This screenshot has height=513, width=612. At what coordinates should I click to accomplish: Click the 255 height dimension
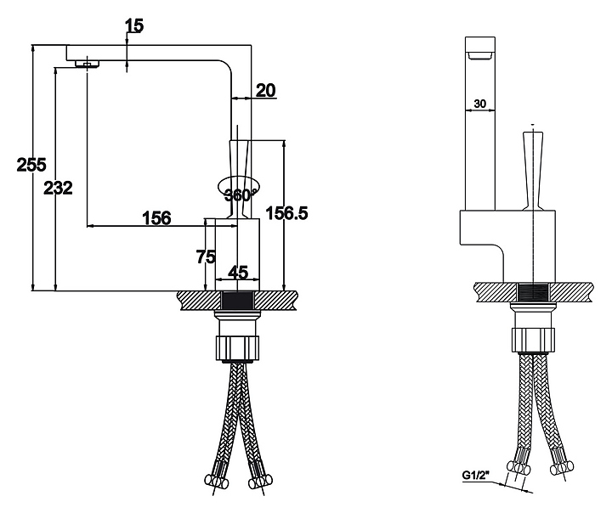(31, 165)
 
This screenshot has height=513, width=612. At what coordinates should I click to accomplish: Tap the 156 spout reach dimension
(156, 217)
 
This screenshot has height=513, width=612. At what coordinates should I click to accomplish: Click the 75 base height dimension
(204, 256)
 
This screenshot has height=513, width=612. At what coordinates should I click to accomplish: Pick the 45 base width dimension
(238, 273)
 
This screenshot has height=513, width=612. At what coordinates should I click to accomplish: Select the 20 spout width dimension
(266, 91)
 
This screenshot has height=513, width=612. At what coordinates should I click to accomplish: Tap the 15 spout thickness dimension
(133, 25)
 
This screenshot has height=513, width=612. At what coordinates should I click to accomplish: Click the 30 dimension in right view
(479, 104)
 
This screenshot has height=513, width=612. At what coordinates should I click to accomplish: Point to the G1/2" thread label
(476, 475)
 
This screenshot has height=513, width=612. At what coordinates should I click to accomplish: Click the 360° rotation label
(239, 194)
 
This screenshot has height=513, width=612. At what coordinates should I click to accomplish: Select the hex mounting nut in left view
(239, 347)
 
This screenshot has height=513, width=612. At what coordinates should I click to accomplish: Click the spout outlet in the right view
(481, 56)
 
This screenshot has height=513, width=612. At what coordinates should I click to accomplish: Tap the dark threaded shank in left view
(238, 301)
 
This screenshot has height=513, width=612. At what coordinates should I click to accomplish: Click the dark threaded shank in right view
(533, 292)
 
